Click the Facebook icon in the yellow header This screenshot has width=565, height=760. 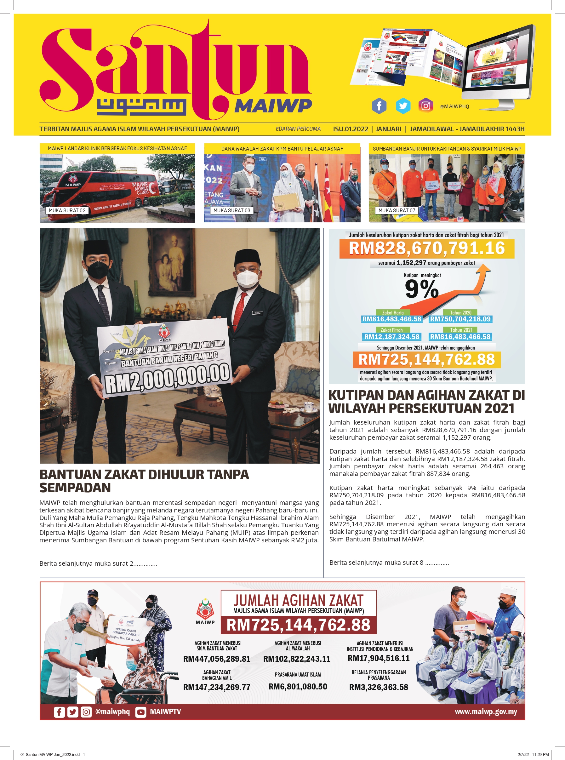coord(379,106)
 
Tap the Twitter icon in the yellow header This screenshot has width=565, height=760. coord(403,106)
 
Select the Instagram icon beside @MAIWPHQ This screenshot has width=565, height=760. coord(425,106)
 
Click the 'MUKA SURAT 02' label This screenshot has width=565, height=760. coord(67,210)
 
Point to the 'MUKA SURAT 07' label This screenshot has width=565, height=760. coord(397,210)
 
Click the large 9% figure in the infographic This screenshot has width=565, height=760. coord(421,289)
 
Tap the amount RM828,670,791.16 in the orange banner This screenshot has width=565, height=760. coord(426,248)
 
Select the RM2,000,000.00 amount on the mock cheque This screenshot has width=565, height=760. coord(167,378)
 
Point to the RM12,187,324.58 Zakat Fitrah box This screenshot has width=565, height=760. coord(391,337)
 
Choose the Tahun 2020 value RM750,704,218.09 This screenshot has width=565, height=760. coord(460,319)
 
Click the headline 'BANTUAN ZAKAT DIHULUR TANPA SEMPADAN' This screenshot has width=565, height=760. coord(144,481)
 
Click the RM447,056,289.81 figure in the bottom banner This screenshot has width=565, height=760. coord(217,659)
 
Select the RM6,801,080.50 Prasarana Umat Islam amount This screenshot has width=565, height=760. coord(298,687)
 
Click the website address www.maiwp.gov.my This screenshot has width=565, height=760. coord(486,712)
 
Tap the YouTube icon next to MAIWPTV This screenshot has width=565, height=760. coord(140,712)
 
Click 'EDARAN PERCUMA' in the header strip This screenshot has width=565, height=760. coord(298,129)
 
